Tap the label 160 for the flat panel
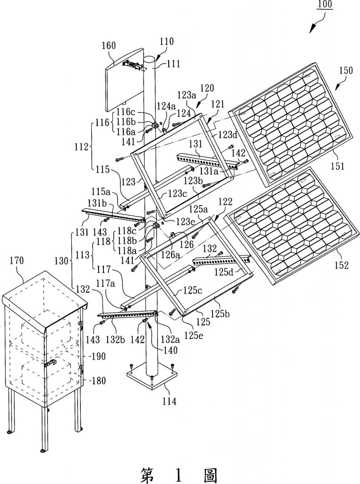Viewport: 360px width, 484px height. pos(109,46)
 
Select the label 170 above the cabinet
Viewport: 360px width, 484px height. pos(17,261)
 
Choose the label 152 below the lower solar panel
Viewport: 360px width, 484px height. pos(341,265)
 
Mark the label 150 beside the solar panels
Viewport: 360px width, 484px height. pos(345,70)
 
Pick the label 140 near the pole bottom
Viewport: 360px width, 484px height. pos(171,350)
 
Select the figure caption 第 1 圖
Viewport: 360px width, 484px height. pos(179,474)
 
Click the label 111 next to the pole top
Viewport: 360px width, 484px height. pos(174,64)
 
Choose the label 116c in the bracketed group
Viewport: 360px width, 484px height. pos(126,112)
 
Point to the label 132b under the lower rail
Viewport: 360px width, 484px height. pos(115,339)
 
